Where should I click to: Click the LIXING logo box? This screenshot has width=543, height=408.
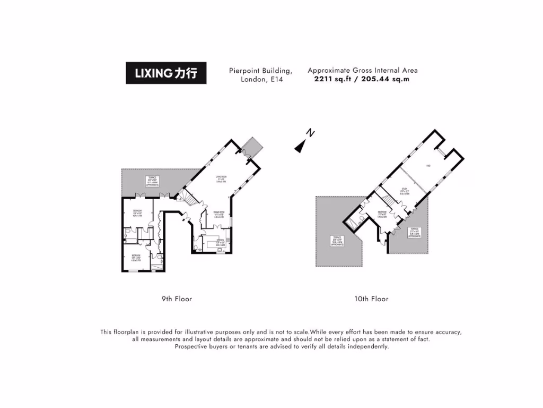tap(166, 73)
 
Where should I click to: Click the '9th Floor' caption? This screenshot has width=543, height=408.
tap(177, 299)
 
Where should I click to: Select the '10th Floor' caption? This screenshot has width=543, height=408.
tap(371, 299)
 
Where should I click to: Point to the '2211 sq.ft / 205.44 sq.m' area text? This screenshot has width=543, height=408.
tap(362, 79)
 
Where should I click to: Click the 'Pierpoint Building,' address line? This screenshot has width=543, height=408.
tap(260, 70)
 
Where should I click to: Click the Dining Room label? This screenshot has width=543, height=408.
tap(218, 215)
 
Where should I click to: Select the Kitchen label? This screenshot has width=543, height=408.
tap(218, 244)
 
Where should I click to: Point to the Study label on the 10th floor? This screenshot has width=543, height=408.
tap(405, 192)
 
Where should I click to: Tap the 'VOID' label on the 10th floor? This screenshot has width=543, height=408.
tap(427, 167)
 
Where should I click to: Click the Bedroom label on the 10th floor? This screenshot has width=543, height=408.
tap(382, 215)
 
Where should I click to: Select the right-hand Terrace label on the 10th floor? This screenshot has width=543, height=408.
tap(415, 232)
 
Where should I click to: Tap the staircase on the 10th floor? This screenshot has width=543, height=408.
tap(389, 200)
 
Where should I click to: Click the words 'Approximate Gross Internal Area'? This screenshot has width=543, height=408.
tap(362, 70)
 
